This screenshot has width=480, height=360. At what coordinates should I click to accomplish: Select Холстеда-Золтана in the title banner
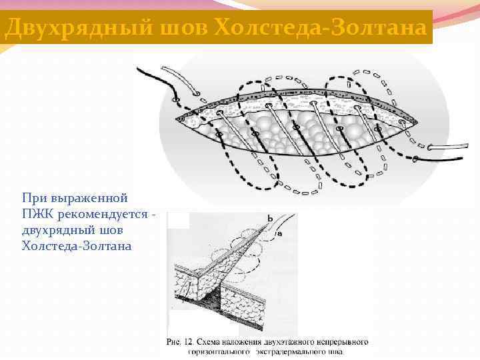[x=320, y=27]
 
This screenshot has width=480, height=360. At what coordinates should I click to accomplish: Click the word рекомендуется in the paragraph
[x=100, y=214]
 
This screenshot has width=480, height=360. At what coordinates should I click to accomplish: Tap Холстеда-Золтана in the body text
[x=77, y=246]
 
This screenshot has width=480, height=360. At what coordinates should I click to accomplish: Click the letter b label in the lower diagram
[x=269, y=219]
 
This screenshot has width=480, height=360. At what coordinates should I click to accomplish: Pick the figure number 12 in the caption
[x=191, y=342]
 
